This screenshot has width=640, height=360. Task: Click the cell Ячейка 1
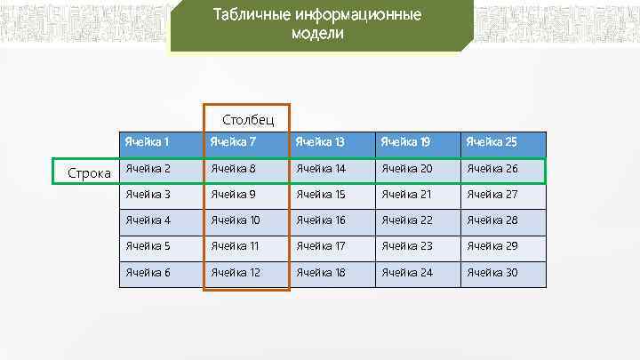pyautogui.click(x=148, y=142)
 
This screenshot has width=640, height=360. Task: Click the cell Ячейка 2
pyautogui.click(x=148, y=169)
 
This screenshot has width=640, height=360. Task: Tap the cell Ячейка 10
pyautogui.click(x=235, y=220)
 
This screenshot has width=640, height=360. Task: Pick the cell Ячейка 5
pyautogui.click(x=148, y=246)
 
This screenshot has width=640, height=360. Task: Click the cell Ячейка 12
pyautogui.click(x=235, y=272)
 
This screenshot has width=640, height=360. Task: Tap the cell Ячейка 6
pyautogui.click(x=148, y=272)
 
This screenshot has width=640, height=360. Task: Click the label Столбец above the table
pyautogui.click(x=248, y=119)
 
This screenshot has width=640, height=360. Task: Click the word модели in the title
pyautogui.click(x=316, y=34)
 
